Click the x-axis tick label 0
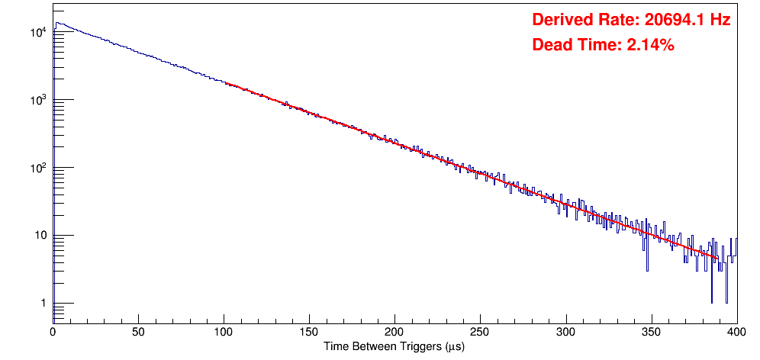tap(53, 333)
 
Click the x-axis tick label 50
tap(138, 333)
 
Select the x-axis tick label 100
tap(224, 333)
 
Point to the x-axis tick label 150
tap(309, 333)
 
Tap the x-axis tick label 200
tap(394, 333)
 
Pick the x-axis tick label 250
tap(480, 333)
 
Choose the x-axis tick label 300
tap(565, 333)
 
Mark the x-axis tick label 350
tap(651, 333)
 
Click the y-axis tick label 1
tap(44, 303)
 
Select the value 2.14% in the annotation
tap(650, 45)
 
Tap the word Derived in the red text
tap(560, 21)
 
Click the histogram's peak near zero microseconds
tap(57, 23)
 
